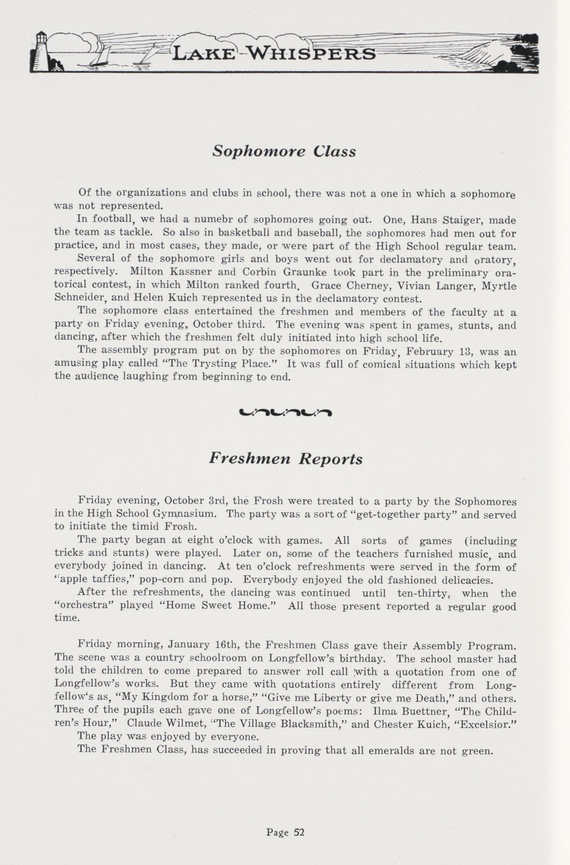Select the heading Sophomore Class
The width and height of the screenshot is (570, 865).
click(284, 151)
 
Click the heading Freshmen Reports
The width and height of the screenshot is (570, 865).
click(285, 459)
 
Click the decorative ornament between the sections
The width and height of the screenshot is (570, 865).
click(285, 412)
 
